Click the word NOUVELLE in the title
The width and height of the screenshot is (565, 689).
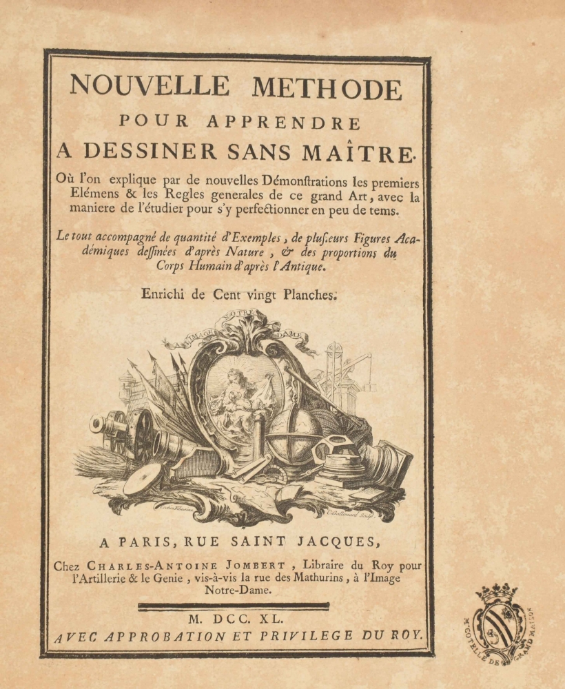pos(149,86)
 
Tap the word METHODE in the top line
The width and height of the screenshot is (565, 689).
pos(327,88)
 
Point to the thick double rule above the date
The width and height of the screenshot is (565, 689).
pos(234,606)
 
